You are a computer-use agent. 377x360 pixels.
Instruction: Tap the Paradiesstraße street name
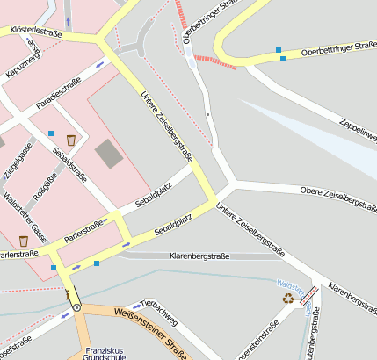59,96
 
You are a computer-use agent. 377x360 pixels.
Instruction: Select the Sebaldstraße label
70,166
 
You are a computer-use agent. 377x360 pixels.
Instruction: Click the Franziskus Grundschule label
96,352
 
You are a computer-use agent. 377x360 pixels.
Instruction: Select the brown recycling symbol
288,298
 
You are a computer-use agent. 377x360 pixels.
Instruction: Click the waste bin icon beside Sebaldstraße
70,139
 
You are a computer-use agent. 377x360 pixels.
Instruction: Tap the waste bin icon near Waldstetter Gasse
23,241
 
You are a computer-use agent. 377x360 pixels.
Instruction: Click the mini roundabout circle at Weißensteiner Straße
76,307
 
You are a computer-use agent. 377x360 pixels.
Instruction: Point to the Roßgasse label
45,186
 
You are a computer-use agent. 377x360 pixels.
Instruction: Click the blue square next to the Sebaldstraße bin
51,133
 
